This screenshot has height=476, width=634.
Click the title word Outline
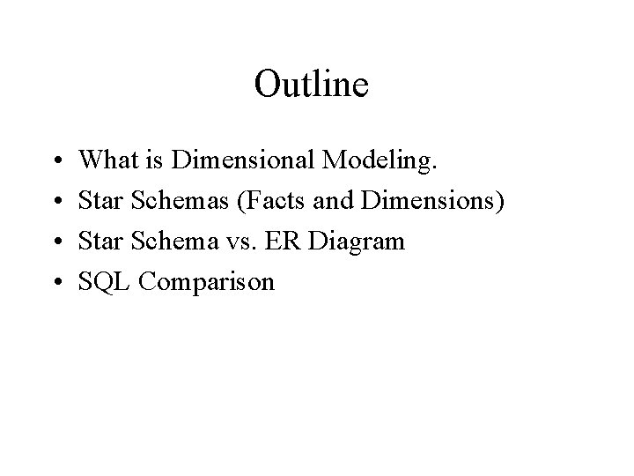pos(311,85)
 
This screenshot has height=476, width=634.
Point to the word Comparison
pos(206,283)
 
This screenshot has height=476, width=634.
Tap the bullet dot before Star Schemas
pos(57,202)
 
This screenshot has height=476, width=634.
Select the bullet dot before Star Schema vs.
pos(57,242)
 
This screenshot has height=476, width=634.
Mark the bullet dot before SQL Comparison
pos(57,283)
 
